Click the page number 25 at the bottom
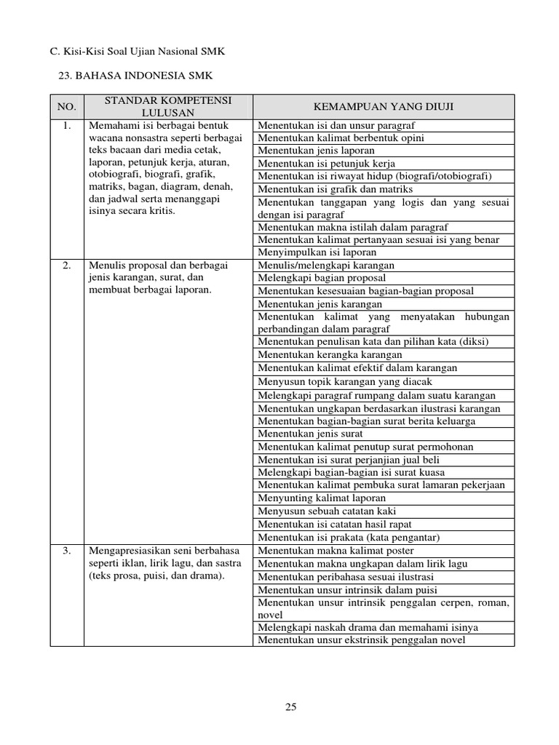tap(291, 706)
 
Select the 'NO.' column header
tap(67, 107)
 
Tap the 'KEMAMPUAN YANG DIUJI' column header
tap(383, 107)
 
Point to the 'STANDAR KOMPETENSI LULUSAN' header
tap(168, 107)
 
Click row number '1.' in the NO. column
tap(67, 125)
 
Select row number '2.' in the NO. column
tap(67, 265)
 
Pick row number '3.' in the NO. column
tap(67, 551)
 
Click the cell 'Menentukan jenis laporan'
tap(314, 151)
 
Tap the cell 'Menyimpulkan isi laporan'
tap(317, 252)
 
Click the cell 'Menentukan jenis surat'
tap(310, 434)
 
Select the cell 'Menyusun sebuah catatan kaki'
tap(325, 511)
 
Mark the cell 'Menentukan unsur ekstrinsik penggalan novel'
tap(361, 640)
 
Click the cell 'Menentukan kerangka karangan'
tap(330, 354)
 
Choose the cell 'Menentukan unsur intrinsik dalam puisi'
tap(347, 590)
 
